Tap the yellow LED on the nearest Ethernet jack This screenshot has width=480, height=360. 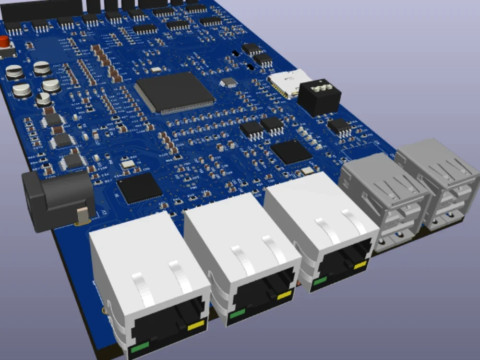click(196, 326)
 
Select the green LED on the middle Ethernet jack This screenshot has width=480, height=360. click(237, 314)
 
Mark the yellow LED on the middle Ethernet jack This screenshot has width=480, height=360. click(284, 295)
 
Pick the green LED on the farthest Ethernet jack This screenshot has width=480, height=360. click(319, 281)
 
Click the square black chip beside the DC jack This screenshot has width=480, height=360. click(140, 187)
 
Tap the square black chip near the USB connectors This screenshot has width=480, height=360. click(291, 152)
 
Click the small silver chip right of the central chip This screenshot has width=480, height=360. click(229, 83)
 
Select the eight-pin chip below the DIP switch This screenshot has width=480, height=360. click(340, 126)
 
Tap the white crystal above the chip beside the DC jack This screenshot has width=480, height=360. click(128, 164)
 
